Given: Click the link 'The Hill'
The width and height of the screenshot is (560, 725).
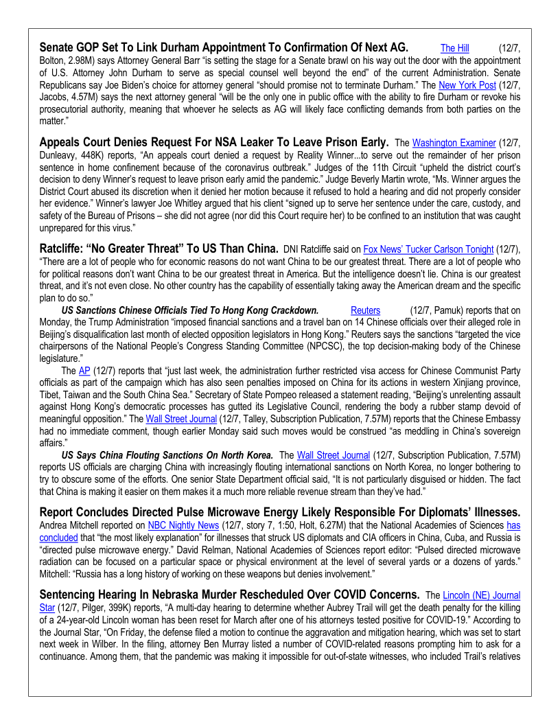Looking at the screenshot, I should (x=454, y=48).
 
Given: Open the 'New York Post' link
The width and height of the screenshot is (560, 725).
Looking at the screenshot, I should (x=467, y=85).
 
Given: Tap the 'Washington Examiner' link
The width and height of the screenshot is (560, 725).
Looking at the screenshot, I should (x=454, y=143).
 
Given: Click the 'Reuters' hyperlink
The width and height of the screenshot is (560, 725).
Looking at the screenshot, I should (x=365, y=311).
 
